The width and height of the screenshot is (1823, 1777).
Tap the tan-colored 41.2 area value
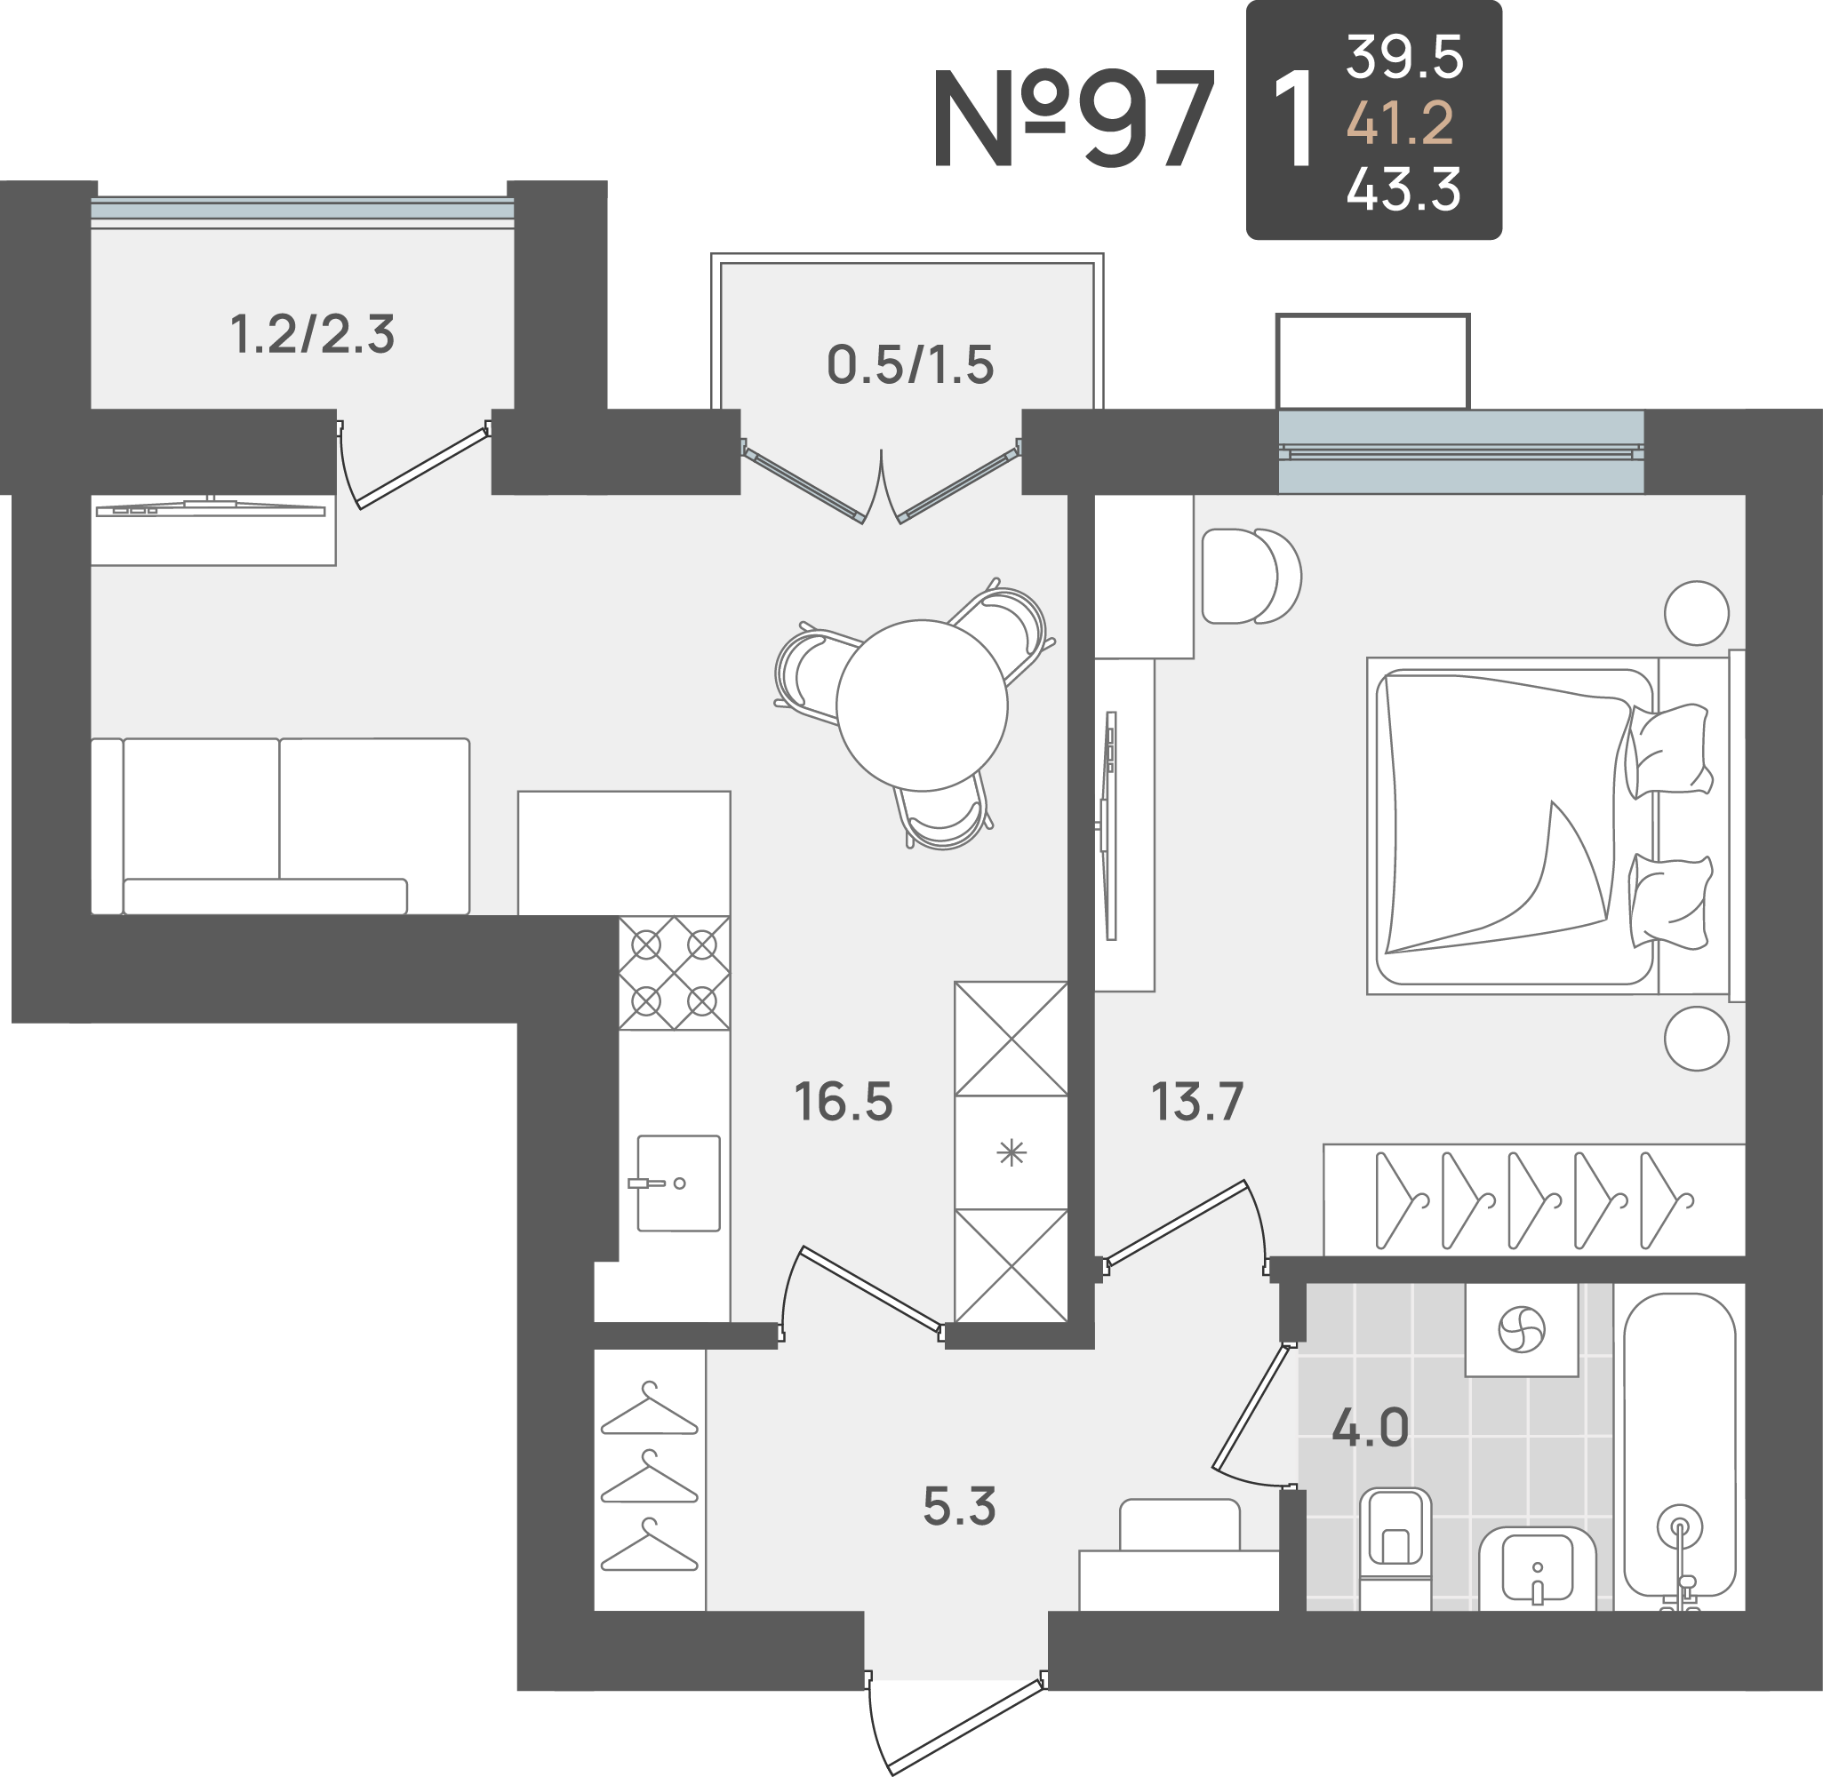point(1400,123)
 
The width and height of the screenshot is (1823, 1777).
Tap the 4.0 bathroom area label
point(1371,1427)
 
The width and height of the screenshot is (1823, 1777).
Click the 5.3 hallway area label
point(960,1506)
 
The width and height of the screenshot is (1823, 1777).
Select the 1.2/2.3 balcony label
point(313,334)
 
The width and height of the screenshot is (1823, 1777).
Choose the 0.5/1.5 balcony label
point(911,364)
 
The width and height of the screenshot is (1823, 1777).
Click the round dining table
point(923,705)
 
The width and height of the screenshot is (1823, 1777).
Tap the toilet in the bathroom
point(1395,1549)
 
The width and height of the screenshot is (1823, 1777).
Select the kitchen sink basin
point(678,1183)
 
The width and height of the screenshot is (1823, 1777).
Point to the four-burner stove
point(674,974)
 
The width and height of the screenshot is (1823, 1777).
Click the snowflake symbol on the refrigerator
point(1011,1153)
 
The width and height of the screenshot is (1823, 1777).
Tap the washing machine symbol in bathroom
point(1522,1329)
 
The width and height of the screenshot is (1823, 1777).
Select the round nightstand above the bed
point(1697,613)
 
